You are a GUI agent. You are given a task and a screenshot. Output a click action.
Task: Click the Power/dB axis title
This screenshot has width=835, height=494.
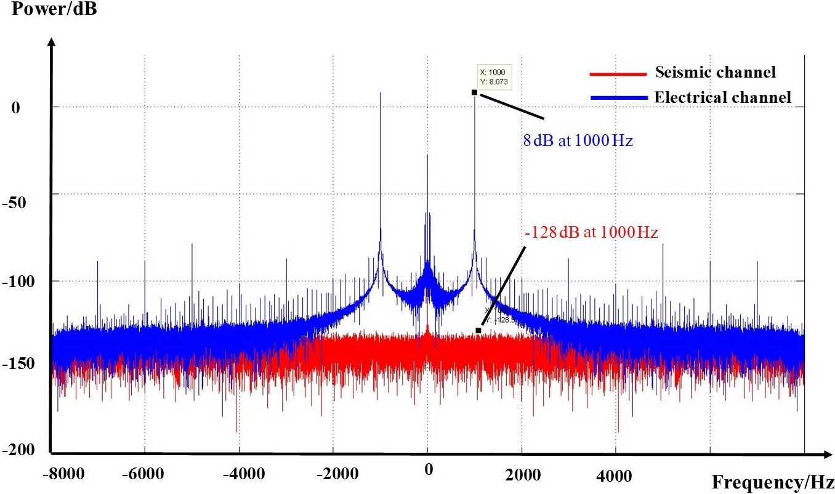[x=49, y=10]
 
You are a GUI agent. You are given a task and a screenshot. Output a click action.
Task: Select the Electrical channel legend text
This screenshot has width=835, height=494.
[x=723, y=97]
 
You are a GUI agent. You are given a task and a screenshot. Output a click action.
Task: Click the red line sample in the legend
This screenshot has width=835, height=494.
[x=618, y=74]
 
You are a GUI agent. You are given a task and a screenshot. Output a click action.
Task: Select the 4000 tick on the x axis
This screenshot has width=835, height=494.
[x=616, y=475]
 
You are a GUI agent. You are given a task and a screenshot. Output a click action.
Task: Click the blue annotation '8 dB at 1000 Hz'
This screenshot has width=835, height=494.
[x=578, y=140]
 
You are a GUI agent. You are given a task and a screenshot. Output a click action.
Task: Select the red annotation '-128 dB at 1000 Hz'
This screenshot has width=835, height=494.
[x=592, y=233]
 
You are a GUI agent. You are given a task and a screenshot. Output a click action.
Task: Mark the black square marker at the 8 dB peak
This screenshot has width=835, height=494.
[x=474, y=92]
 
